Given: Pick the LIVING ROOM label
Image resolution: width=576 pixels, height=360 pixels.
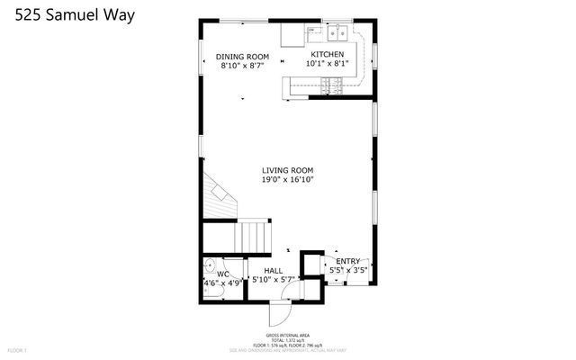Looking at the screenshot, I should click(x=287, y=169).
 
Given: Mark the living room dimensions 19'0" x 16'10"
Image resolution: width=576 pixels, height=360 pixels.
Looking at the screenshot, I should click(x=287, y=179).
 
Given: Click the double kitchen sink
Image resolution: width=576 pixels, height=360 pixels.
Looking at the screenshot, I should click(x=338, y=34).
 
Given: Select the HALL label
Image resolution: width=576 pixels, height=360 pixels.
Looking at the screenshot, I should click(x=273, y=271).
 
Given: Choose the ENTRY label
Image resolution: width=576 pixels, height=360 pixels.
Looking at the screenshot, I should click(x=348, y=261).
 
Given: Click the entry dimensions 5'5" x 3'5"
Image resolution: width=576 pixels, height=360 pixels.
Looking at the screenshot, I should click(x=348, y=270).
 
